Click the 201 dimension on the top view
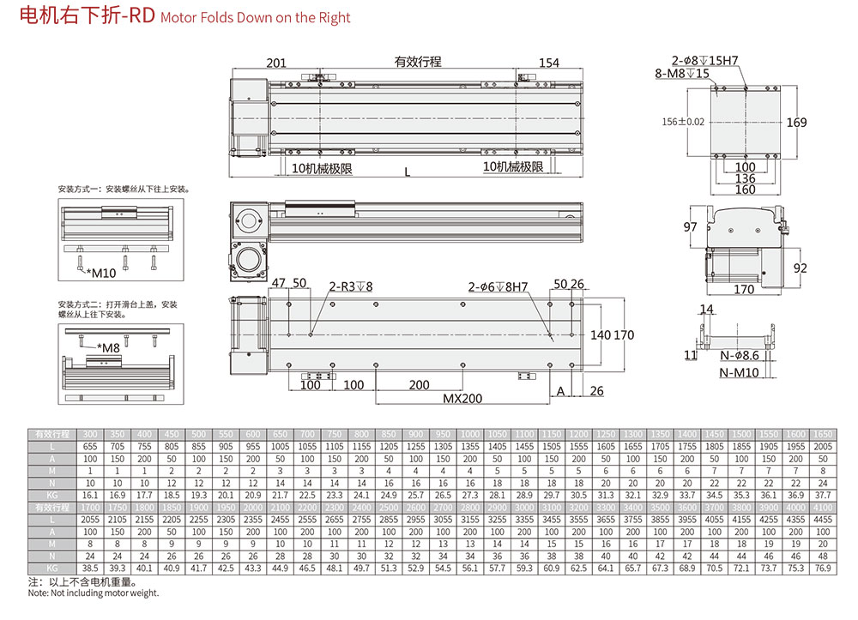pyautogui.click(x=276, y=63)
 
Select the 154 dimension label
pyautogui.click(x=549, y=63)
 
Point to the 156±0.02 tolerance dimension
pyautogui.click(x=684, y=122)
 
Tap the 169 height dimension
pyautogui.click(x=797, y=123)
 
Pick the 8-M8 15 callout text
pyautogui.click(x=682, y=73)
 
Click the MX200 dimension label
pyautogui.click(x=462, y=399)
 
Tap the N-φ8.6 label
pyautogui.click(x=739, y=355)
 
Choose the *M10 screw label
pyautogui.click(x=100, y=273)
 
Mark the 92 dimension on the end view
pyautogui.click(x=800, y=268)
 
